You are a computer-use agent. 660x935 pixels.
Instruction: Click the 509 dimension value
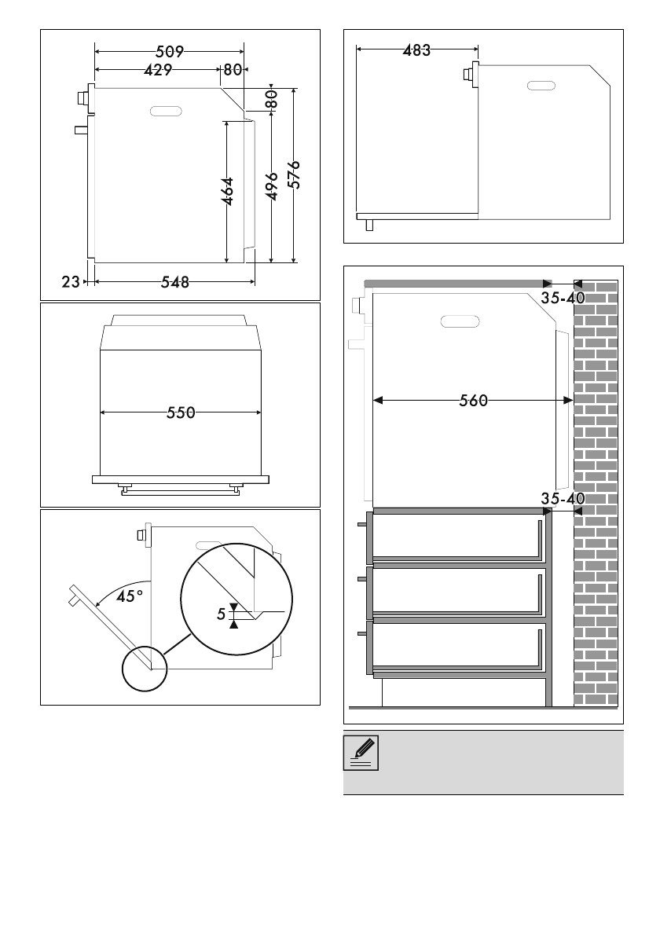[170, 52]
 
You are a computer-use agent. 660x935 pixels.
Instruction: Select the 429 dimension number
[158, 71]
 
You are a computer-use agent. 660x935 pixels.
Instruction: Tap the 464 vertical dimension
[228, 192]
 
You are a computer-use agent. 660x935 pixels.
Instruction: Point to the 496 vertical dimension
[272, 186]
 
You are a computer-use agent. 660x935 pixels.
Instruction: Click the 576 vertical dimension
[295, 174]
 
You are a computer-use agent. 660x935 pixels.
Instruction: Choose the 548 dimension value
[175, 282]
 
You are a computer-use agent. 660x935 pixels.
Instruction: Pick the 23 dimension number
[71, 281]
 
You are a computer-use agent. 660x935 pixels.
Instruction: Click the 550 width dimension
[181, 412]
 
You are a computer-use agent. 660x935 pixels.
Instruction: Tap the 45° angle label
[130, 596]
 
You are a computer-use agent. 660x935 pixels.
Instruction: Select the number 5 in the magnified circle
[222, 614]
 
